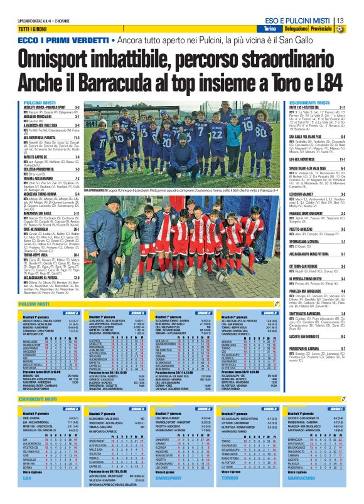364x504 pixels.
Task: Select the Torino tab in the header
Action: [x=270, y=29]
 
